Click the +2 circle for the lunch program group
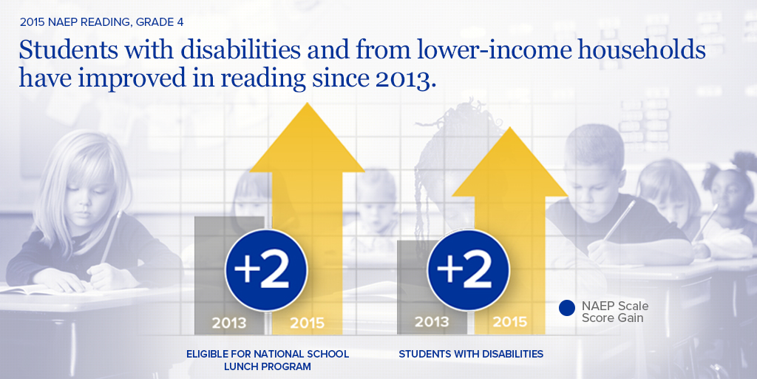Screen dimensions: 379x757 [x=265, y=269]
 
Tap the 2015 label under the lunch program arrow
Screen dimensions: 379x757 [x=307, y=323]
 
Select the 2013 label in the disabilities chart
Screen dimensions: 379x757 [x=432, y=322]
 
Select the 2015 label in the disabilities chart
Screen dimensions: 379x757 [x=509, y=322]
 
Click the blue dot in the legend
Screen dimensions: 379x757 [x=567, y=308]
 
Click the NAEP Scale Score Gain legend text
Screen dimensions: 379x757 [x=614, y=312]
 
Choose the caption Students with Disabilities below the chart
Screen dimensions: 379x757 [x=471, y=355]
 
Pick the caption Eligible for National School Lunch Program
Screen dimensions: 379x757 [x=268, y=360]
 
